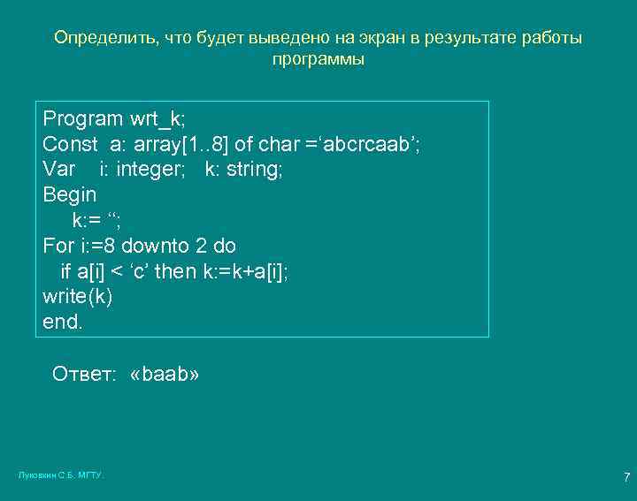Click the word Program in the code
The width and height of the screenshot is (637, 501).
pos(83,119)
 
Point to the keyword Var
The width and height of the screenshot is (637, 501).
pos(58,169)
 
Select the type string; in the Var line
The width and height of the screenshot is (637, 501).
pos(255,169)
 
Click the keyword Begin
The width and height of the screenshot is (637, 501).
pos(70,194)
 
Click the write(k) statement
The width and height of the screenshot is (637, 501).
pos(78,296)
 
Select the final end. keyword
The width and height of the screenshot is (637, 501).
pos(63,322)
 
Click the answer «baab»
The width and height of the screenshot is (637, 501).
pos(165,375)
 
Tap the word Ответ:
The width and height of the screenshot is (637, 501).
pos(84,375)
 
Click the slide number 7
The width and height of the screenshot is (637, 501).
pos(626,478)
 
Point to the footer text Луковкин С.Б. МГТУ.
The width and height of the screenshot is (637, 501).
pos(61,475)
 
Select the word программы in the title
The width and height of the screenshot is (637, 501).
pos(318,61)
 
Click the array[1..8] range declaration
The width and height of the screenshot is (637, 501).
pos(180,144)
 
